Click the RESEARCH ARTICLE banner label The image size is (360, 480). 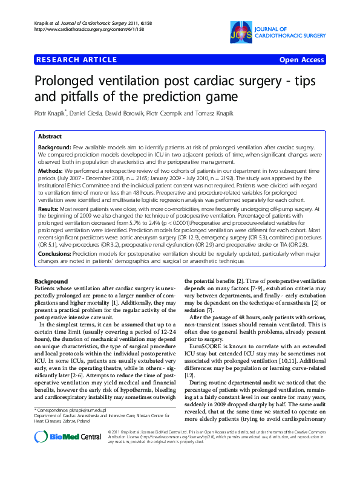point(77,60)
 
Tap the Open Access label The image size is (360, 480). point(301,60)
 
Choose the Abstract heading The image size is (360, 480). point(51,137)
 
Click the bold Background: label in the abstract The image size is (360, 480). point(58,148)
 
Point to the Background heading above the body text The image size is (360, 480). point(51,282)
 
